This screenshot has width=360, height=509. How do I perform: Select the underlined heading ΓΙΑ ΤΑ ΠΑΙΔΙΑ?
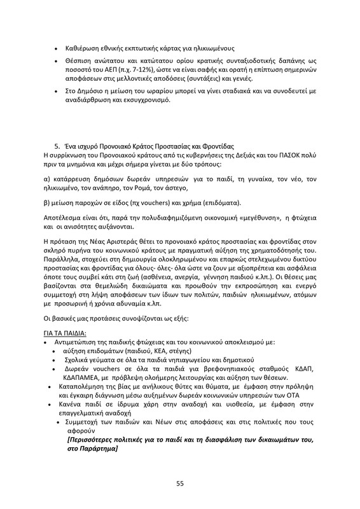click(x=64, y=333)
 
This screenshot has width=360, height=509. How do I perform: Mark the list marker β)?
click(x=46, y=203)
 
